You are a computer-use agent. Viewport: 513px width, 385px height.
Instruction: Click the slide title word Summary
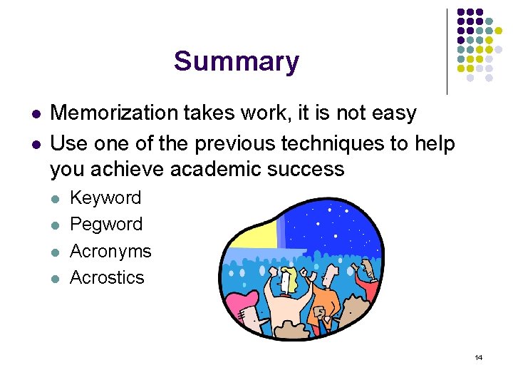[x=236, y=61]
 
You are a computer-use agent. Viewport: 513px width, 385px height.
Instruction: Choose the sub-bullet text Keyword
[x=105, y=197]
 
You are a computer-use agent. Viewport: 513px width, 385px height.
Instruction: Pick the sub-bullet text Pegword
[x=106, y=224]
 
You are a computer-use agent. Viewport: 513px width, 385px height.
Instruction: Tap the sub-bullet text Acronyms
[x=110, y=251]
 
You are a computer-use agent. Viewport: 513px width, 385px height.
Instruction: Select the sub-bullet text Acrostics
[x=107, y=277]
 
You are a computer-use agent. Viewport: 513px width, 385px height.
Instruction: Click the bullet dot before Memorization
[x=35, y=114]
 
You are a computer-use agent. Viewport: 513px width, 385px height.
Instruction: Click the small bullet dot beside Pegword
[x=56, y=225]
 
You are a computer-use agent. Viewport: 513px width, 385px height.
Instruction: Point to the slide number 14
[x=478, y=357]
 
